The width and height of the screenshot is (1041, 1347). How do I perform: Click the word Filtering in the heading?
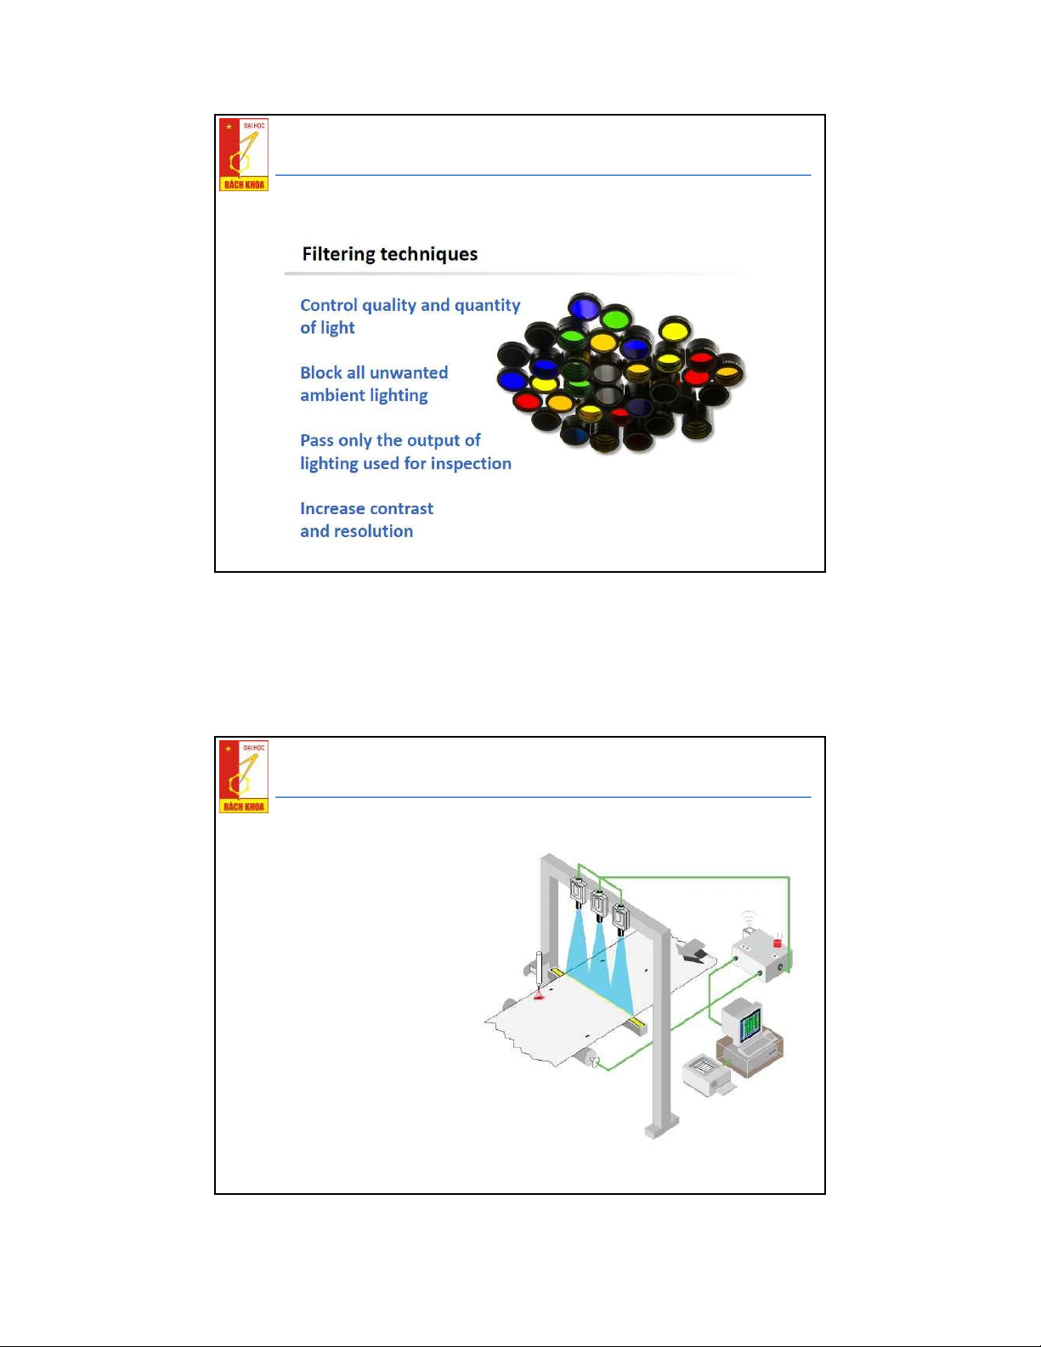pos(338,254)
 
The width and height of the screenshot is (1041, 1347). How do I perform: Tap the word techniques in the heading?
pos(429,254)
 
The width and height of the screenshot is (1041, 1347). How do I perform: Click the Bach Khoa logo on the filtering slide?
pos(244,155)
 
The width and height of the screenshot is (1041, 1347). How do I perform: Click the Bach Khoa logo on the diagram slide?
pos(244,777)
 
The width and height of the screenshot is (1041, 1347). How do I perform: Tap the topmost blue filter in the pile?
pos(584,307)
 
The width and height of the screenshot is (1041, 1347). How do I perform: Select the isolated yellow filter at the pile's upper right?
pos(675,331)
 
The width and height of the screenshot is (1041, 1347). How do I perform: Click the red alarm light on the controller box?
pos(778,943)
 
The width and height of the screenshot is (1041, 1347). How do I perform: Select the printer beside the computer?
pos(708,1073)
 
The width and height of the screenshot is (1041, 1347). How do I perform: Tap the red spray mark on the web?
pos(539,995)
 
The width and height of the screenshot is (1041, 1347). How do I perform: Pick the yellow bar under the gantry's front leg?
pos(636,1021)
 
